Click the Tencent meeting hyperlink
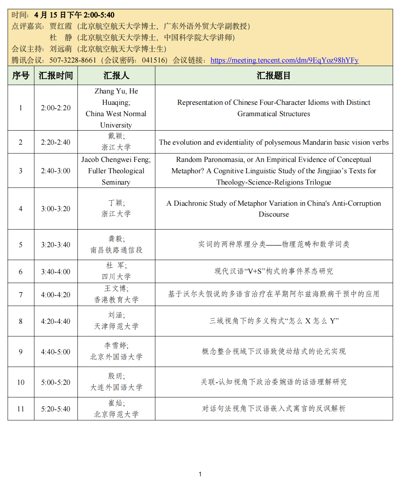coord(284,60)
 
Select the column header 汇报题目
coord(273,75)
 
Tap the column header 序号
coord(21,75)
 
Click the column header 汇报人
coord(116,75)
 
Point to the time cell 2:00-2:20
coord(56,108)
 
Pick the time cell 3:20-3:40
coord(56,245)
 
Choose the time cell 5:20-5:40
coord(56,409)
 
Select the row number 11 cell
coord(21,409)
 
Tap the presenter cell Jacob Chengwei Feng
coord(116,171)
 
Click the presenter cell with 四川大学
coord(116,271)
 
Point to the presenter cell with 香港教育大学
coord(116,294)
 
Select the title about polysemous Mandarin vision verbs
coord(273,142)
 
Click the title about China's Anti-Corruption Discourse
coord(273,209)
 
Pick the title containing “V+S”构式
coord(273,271)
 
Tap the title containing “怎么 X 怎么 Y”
coord(273,321)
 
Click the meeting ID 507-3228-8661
coord(73,60)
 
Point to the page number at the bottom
coord(200,474)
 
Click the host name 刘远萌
coord(61,49)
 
